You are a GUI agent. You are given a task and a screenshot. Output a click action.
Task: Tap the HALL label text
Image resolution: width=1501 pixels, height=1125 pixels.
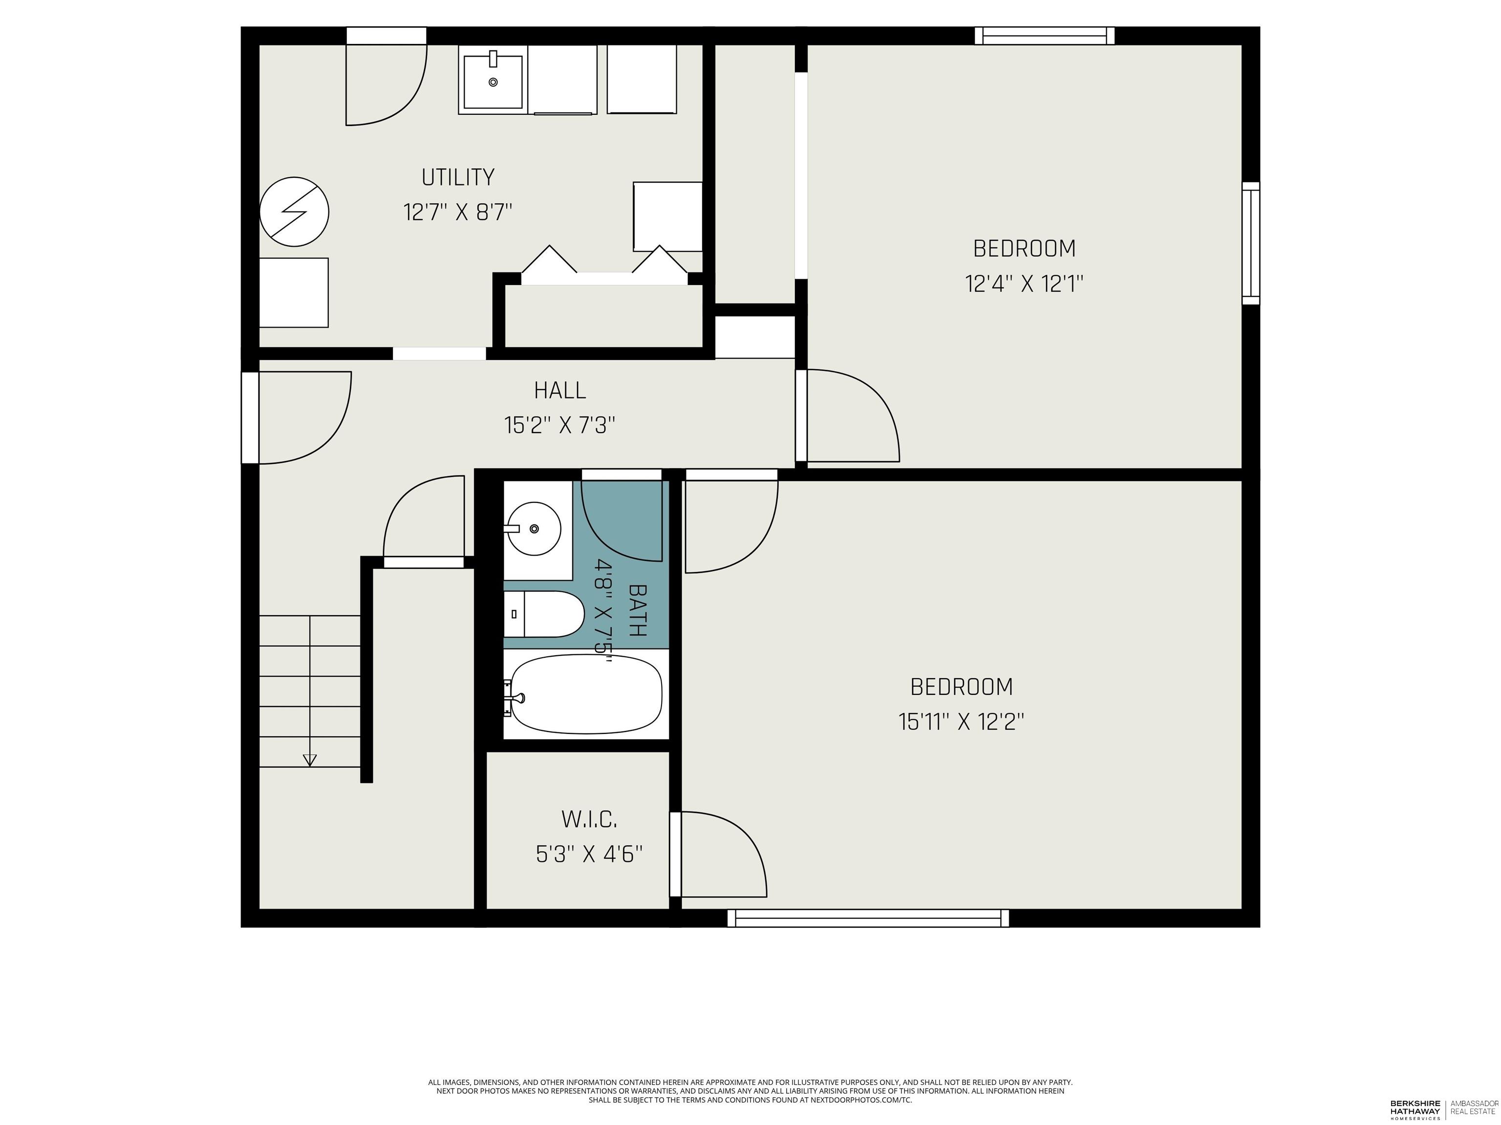560,391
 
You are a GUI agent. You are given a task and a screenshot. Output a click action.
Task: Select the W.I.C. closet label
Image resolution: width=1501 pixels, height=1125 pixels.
589,819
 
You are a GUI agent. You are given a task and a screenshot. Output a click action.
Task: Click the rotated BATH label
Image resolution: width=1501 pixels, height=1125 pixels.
637,610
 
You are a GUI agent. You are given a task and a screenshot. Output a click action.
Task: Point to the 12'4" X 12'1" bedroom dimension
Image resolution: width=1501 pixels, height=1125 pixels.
1024,284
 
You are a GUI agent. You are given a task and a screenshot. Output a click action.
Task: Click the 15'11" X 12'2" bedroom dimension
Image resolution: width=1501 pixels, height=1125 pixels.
962,722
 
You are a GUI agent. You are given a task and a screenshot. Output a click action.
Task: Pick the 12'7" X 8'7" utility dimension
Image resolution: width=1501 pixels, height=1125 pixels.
458,212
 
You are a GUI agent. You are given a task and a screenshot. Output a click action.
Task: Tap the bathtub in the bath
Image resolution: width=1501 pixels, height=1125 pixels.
585,694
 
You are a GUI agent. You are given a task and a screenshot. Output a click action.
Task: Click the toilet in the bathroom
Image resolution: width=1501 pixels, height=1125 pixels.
543,614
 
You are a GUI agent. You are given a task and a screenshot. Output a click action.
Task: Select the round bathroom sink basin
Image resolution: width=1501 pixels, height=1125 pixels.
534,529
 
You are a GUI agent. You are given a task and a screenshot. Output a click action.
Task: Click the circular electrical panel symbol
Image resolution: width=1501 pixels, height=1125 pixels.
295,211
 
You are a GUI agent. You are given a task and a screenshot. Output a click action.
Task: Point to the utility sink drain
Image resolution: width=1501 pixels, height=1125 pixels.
493,82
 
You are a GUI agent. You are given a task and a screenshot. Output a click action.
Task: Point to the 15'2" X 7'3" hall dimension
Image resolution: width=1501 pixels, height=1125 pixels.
560,426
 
